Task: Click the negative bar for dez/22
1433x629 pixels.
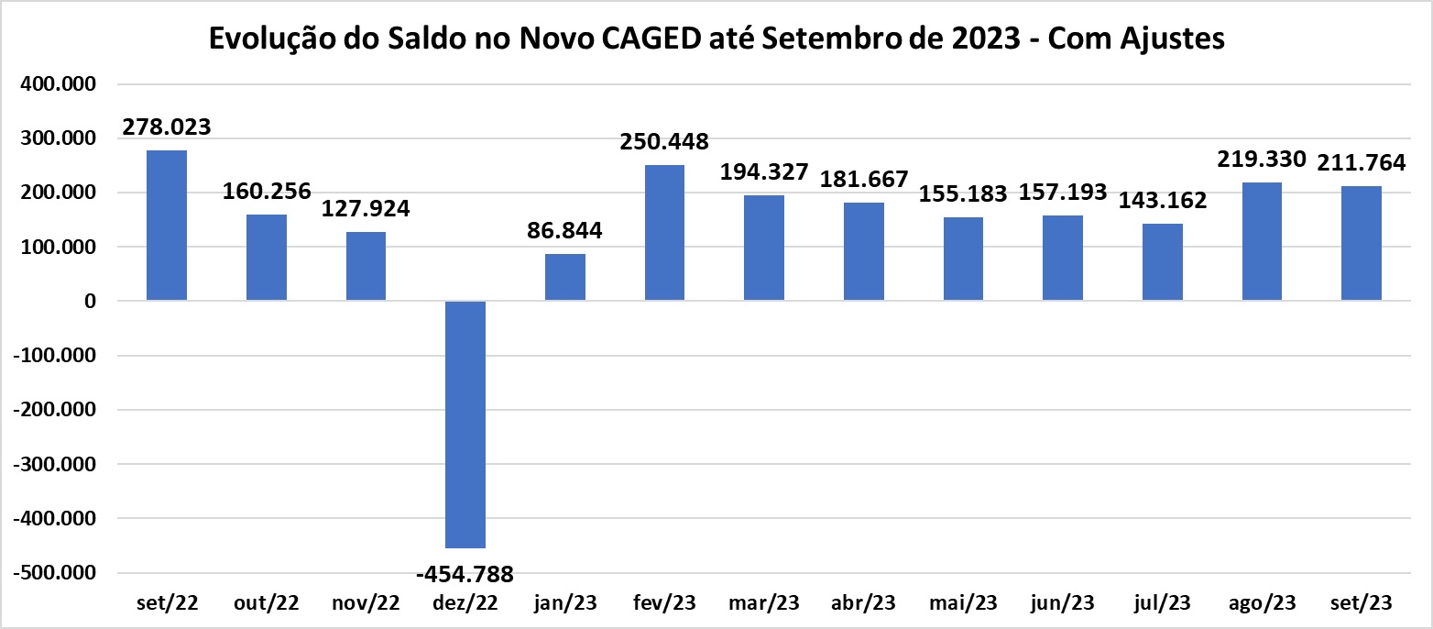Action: click(x=465, y=424)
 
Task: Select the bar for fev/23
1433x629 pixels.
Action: click(x=664, y=233)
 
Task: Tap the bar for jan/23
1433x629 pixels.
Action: click(x=564, y=277)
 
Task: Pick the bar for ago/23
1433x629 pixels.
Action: click(x=1262, y=241)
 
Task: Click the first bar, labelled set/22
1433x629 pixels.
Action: click(x=167, y=226)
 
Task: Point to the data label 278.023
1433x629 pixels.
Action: click(x=167, y=127)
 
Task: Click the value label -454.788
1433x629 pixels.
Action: click(x=465, y=574)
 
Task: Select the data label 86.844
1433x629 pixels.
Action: click(x=564, y=230)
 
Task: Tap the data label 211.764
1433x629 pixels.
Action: click(x=1362, y=162)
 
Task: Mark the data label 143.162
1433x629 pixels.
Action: click(x=1163, y=200)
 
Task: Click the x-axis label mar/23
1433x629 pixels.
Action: click(x=764, y=603)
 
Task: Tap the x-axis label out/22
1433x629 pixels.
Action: click(x=266, y=603)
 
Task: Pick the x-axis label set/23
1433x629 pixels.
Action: click(x=1362, y=603)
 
